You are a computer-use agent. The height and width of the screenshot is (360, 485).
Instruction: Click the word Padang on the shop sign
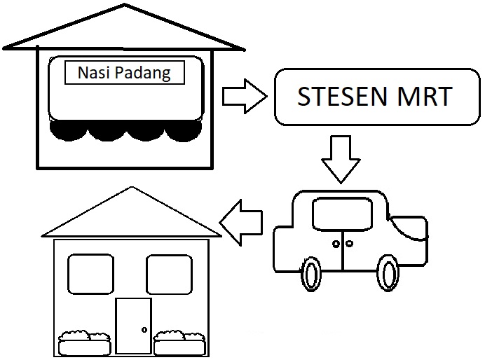[143, 74]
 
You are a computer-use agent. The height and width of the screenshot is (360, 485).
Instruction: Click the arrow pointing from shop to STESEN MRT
[245, 96]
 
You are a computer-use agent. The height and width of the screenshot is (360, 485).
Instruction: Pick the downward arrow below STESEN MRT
[341, 159]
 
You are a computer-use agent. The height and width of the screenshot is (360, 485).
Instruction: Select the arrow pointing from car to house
[241, 222]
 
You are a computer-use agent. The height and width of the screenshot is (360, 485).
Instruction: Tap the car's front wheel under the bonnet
[388, 273]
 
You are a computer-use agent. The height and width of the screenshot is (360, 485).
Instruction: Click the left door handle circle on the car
[336, 244]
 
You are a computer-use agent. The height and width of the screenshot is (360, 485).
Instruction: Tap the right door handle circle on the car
[349, 244]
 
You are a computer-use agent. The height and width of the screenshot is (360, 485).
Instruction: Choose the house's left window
[90, 274]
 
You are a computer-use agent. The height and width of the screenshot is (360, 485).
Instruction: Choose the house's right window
[169, 274]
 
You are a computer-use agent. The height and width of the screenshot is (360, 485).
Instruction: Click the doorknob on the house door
[144, 330]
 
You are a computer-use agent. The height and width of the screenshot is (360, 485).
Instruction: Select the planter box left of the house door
[84, 343]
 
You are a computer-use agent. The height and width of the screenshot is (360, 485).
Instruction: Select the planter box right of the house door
[179, 343]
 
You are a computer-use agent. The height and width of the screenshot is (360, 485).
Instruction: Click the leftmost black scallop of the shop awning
[69, 130]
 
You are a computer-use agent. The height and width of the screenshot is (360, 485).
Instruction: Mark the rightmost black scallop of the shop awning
[183, 130]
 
